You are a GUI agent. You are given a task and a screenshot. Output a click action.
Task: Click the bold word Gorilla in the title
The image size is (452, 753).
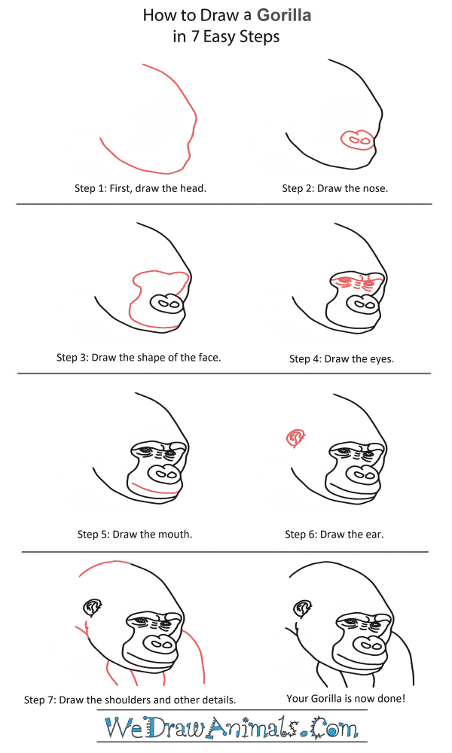(284, 15)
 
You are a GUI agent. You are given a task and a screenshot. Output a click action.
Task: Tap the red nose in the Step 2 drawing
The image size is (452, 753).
(357, 140)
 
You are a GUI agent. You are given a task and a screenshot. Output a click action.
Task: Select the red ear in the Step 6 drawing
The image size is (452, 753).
(295, 438)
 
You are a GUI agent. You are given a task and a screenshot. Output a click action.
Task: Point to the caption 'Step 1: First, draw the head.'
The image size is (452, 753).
(140, 188)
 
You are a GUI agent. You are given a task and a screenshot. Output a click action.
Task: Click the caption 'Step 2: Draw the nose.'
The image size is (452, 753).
(334, 188)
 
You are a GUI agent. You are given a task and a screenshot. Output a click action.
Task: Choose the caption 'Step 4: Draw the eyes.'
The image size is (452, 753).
(341, 358)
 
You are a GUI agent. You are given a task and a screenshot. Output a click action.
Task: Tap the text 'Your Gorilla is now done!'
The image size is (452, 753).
(346, 698)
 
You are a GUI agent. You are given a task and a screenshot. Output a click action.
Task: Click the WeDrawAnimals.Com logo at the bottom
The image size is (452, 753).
(231, 727)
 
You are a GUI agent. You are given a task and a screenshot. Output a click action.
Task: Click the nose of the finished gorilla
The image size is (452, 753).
(371, 644)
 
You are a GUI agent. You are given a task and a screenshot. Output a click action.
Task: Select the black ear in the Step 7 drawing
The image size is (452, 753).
(93, 608)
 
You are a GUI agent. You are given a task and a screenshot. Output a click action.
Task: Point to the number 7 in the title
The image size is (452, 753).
(195, 36)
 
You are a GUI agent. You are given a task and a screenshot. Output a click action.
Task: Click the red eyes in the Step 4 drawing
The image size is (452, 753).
(357, 282)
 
